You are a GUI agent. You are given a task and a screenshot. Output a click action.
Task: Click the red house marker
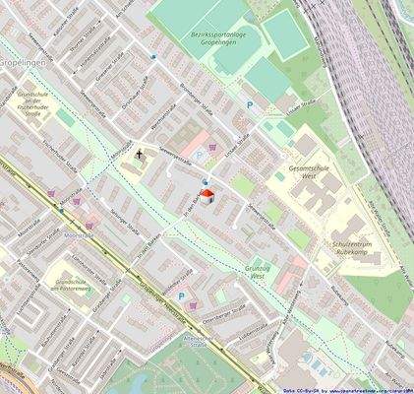coord(206,193)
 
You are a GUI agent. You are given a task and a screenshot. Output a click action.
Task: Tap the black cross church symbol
coord(139,155)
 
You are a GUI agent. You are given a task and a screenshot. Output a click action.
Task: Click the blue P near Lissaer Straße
coord(249,104)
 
